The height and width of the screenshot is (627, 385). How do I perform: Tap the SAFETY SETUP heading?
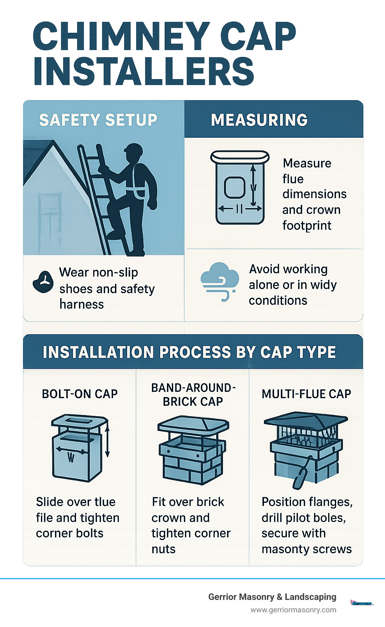coord(98,120)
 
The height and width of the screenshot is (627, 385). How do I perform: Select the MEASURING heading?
coord(259,120)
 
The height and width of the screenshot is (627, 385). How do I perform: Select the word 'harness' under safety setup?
coord(82,304)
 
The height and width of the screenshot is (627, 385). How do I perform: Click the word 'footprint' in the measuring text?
coord(307,225)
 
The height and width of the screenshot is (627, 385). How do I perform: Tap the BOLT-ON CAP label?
coord(80,394)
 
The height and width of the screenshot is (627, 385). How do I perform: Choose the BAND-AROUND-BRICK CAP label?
coord(193,394)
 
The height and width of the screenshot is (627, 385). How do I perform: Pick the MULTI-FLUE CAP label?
coord(306,394)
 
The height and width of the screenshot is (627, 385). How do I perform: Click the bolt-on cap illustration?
coord(79,448)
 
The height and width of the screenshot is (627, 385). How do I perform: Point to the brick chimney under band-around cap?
coord(192,463)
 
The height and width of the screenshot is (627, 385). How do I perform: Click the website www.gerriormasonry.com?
coord(293,610)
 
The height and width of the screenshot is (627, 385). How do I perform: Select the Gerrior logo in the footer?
coord(361,603)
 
